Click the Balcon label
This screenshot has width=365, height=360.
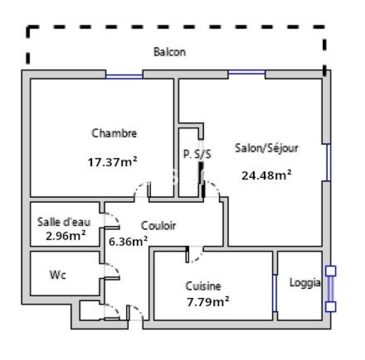click(x=169, y=51)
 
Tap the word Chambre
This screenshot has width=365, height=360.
click(x=114, y=134)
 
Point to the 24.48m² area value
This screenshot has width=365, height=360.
click(x=266, y=175)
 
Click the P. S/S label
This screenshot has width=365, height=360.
click(x=197, y=154)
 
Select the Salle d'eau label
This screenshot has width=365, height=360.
click(x=64, y=222)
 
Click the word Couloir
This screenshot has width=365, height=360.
click(x=158, y=225)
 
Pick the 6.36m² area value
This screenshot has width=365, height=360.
click(x=128, y=241)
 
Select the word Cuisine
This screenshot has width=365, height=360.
click(x=203, y=286)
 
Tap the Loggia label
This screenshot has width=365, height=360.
click(x=305, y=283)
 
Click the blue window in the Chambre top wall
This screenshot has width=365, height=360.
click(x=124, y=75)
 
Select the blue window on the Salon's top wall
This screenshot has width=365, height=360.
click(x=246, y=72)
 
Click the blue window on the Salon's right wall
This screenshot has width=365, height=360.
click(x=327, y=162)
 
